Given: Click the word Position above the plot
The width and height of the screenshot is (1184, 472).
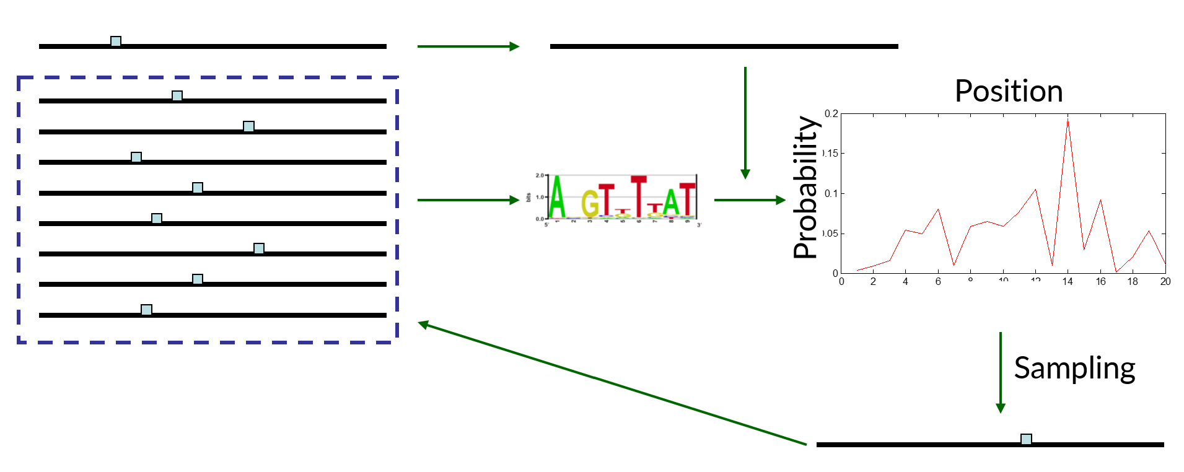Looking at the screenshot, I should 1009,92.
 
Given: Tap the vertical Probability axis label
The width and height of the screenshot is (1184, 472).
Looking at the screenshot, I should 805,187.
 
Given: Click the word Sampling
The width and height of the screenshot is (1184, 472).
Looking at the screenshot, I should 1074,369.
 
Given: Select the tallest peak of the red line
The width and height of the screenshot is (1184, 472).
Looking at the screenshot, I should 1068,119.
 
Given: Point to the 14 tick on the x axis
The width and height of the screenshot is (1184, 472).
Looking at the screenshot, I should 1068,282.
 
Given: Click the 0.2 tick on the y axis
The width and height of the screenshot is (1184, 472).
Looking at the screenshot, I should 831,114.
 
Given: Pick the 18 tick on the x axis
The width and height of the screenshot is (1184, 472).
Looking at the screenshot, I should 1133,282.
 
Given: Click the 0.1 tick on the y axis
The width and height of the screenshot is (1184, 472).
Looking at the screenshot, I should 831,194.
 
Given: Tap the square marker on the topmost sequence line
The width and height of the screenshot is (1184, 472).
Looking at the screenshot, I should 116,42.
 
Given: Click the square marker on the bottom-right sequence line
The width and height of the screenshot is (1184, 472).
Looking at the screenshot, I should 1026,439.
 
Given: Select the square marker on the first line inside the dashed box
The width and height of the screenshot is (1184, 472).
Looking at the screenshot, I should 177,96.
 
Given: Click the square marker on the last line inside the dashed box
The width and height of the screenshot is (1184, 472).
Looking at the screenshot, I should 146,310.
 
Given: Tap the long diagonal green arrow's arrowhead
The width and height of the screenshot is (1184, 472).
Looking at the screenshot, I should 423,323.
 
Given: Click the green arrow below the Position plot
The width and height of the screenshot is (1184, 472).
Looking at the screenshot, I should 1000,372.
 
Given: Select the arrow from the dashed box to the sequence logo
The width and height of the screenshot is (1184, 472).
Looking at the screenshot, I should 468,200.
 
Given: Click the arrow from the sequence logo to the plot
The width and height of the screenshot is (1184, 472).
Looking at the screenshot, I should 750,200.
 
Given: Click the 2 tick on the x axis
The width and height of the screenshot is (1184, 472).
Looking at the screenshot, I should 873,282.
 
